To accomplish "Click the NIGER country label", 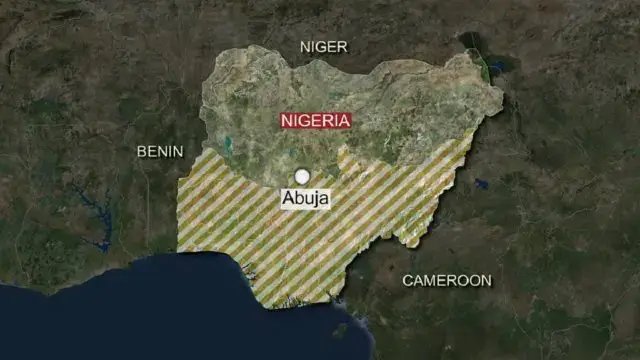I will click(x=324, y=46).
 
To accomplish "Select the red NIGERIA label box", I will click(x=316, y=121).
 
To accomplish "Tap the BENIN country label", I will click(x=160, y=151).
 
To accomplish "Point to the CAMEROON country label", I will click(x=447, y=281).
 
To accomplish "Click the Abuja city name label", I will click(x=305, y=199).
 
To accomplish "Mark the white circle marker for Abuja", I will click(x=302, y=176).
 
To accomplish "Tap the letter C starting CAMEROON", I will click(x=408, y=281).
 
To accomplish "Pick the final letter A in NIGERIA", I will click(x=344, y=121).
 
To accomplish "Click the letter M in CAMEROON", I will click(x=432, y=281).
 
